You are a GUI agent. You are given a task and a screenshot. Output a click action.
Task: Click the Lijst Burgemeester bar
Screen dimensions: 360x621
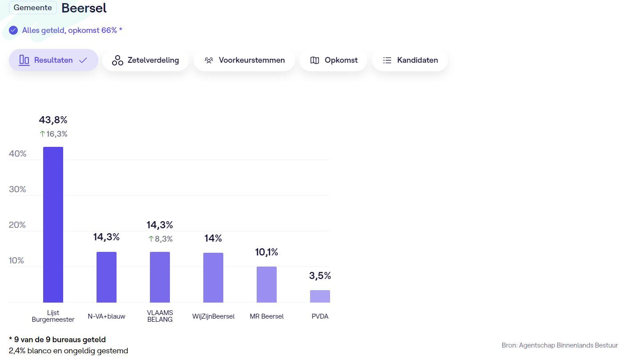coord(53,225)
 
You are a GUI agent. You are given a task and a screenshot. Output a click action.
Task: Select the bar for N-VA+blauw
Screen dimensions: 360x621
coord(106,277)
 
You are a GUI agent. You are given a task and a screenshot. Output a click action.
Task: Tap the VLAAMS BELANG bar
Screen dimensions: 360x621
coord(160,277)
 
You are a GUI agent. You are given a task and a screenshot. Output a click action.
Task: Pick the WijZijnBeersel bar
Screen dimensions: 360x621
coord(213,278)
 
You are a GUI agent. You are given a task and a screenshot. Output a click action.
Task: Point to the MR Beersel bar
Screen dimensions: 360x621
coord(266,285)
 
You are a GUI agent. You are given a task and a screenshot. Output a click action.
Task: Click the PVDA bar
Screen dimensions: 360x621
coord(320,296)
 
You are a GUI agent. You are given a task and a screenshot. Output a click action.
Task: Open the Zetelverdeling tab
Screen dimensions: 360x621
coord(145,60)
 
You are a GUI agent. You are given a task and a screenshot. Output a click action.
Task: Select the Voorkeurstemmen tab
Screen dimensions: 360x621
coord(244,60)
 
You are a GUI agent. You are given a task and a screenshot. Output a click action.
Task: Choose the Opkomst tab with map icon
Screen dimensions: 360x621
coord(333,60)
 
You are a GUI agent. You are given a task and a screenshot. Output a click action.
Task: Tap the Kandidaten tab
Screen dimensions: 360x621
coord(410,60)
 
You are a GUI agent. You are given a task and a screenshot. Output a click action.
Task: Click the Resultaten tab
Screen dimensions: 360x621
coord(53,60)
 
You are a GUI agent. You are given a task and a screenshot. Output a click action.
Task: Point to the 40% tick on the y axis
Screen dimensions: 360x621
coord(18,154)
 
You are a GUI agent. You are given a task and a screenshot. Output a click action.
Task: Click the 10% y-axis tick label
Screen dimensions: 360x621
coord(16,260)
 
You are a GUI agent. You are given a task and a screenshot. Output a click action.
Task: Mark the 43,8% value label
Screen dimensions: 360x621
coord(53,120)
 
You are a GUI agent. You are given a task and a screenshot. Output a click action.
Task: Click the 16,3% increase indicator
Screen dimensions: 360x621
coord(53,134)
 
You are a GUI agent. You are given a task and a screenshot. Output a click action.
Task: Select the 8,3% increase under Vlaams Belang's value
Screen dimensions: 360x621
coord(160,239)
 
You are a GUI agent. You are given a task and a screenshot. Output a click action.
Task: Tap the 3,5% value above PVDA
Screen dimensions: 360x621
coord(320,276)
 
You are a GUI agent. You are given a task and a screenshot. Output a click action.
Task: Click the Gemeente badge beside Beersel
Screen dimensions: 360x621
coord(32,8)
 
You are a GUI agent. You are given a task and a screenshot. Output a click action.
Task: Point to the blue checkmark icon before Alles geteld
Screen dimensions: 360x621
coord(13,30)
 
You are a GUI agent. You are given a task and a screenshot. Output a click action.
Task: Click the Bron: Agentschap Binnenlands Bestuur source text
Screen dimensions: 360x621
coord(560,345)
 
